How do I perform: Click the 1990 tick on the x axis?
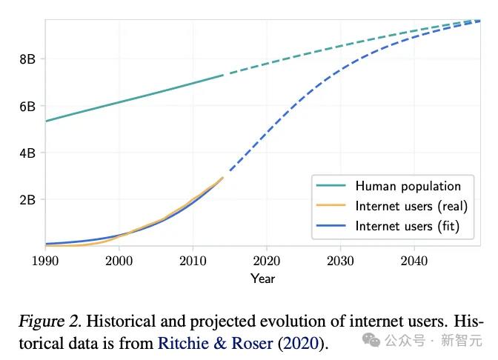45,260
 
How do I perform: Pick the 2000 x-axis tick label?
119,260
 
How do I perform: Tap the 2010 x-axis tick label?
192,260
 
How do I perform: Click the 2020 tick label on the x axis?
266,260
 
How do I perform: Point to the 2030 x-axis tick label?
339,260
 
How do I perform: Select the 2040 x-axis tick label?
413,260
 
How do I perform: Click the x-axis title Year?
263,279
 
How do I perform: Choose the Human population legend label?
408,186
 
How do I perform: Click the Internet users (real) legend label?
411,206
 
